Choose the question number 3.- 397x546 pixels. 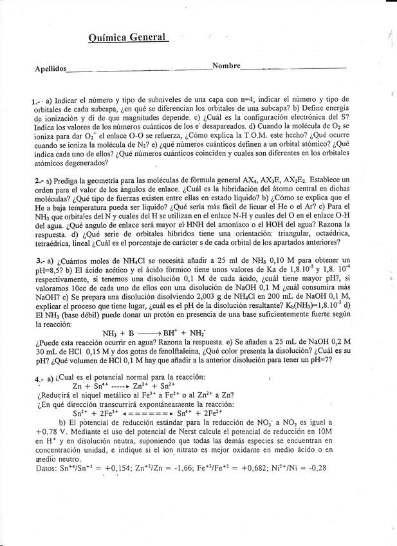pos(39,260)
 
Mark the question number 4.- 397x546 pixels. pos(39,379)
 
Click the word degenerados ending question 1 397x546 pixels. pos(82,164)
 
